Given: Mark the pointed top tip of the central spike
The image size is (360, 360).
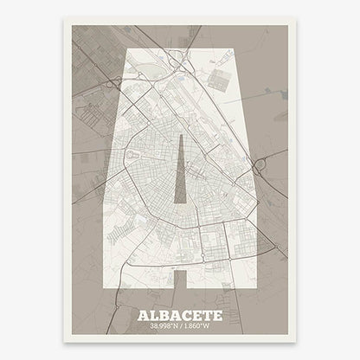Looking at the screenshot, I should coord(180,135).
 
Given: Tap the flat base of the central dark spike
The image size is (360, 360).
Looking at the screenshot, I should coord(180,205).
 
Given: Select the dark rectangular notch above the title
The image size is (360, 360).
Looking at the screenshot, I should coord(180,278).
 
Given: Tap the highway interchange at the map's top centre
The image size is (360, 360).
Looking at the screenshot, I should coord(177,60).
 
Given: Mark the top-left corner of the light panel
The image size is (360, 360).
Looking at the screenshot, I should coord(129,49).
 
